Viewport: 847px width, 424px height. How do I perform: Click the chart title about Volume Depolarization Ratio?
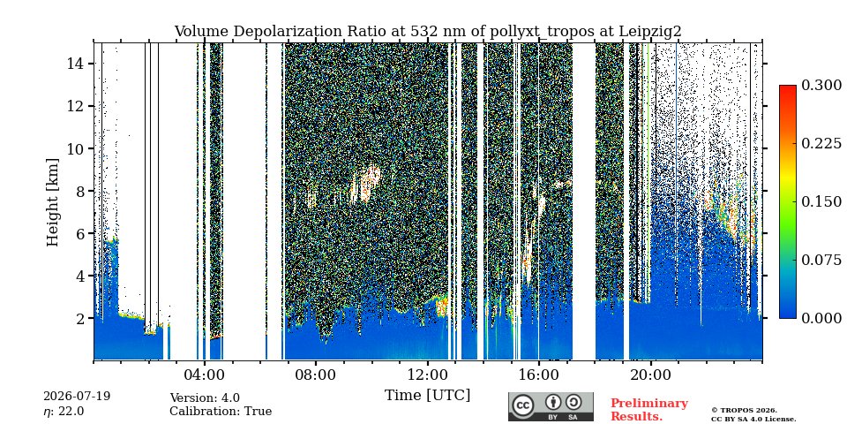(427, 32)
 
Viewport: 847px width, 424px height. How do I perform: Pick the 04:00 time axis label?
(204, 375)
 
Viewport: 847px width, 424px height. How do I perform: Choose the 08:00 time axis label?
(316, 375)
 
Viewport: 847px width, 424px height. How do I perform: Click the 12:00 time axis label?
(427, 375)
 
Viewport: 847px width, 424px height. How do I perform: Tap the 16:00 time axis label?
(539, 375)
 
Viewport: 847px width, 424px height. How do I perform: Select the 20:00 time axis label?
(650, 375)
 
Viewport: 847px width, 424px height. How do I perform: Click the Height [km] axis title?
(52, 202)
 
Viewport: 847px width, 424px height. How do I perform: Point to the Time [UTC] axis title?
(427, 396)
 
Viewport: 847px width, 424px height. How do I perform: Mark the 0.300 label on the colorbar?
(821, 86)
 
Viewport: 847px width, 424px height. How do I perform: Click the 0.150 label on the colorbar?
(821, 201)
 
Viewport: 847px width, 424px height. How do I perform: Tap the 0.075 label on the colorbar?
(821, 260)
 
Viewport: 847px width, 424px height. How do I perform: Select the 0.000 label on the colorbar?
(821, 318)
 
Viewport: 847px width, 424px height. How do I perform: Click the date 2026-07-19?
(77, 397)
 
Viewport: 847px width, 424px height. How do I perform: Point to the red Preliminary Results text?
(649, 410)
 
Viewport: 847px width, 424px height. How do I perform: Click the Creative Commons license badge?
(551, 406)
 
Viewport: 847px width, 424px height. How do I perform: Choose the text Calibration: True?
(221, 411)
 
